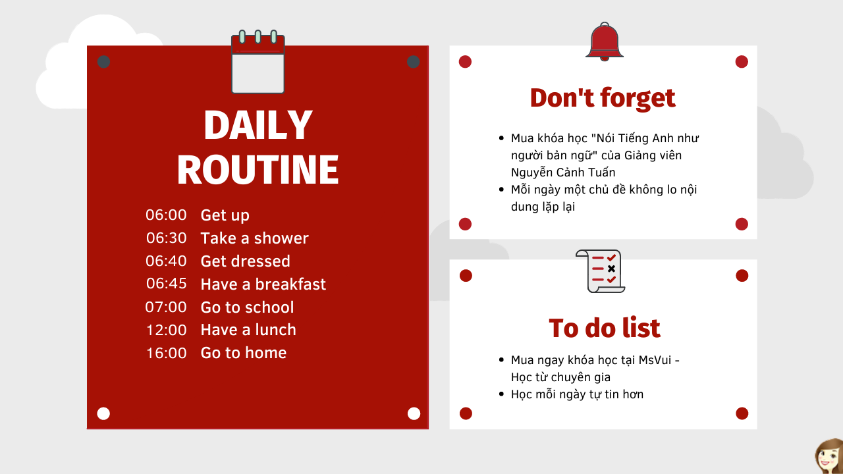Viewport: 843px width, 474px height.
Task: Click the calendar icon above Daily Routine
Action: [x=258, y=62]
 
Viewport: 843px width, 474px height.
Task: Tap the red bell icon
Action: [x=605, y=41]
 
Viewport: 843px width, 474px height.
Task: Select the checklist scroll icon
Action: [x=600, y=271]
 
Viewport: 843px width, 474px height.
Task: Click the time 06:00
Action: [x=166, y=215]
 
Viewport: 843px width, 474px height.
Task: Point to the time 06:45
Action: [x=167, y=284]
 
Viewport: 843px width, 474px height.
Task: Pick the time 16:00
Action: [x=167, y=353]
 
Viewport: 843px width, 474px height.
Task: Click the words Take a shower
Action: [x=254, y=238]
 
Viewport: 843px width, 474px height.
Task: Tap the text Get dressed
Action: [x=246, y=261]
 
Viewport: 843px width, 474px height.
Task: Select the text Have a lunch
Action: [x=248, y=330]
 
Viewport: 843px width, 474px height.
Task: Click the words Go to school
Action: [x=247, y=307]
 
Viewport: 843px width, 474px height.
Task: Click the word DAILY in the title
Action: [x=258, y=125]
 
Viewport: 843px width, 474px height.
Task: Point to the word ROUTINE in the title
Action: [x=258, y=169]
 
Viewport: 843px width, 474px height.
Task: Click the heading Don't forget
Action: [x=603, y=99]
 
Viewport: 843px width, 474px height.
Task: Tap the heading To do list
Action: [x=605, y=329]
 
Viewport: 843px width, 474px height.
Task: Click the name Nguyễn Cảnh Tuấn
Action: [x=563, y=172]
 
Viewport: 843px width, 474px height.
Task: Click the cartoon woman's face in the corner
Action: [x=830, y=457]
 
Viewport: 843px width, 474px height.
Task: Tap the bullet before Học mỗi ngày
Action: [x=501, y=394]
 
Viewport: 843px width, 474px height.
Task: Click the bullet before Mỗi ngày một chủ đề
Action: [x=501, y=190]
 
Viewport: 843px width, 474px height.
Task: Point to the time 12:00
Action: [x=167, y=330]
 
